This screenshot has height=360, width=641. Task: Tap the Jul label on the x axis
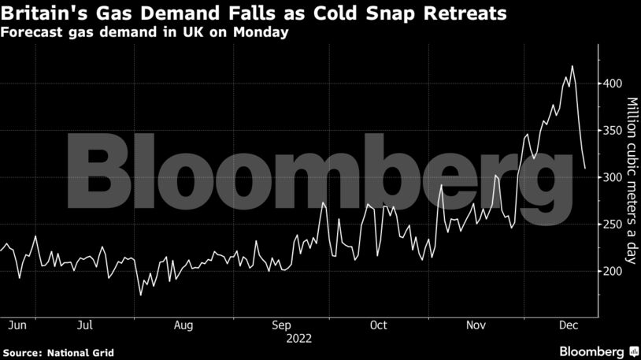(x=87, y=325)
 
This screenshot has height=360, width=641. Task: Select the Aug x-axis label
(x=183, y=325)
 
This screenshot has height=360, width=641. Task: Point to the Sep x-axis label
(x=281, y=325)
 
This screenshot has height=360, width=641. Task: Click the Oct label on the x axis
(x=378, y=325)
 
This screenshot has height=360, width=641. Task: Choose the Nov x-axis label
(x=476, y=325)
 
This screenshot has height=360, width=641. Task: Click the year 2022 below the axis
(x=300, y=339)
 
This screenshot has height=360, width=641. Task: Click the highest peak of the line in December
(x=572, y=66)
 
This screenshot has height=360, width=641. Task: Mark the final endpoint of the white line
(x=585, y=168)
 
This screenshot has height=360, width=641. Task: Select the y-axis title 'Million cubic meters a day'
(x=632, y=180)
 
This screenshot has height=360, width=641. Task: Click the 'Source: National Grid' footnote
(x=59, y=351)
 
